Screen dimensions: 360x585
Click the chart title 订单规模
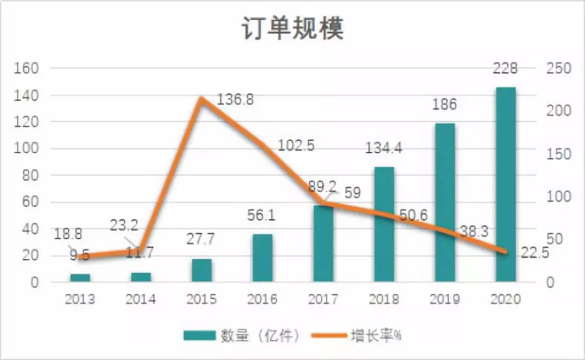292,29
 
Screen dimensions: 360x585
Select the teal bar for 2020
505,184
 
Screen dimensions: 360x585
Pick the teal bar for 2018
384,224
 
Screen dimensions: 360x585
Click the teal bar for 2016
263,258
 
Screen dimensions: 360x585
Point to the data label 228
505,69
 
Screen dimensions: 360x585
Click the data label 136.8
235,100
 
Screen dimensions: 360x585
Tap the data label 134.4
383,148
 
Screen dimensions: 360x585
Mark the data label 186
444,104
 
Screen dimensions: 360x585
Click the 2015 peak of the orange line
201,99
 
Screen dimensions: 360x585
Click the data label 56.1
262,215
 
